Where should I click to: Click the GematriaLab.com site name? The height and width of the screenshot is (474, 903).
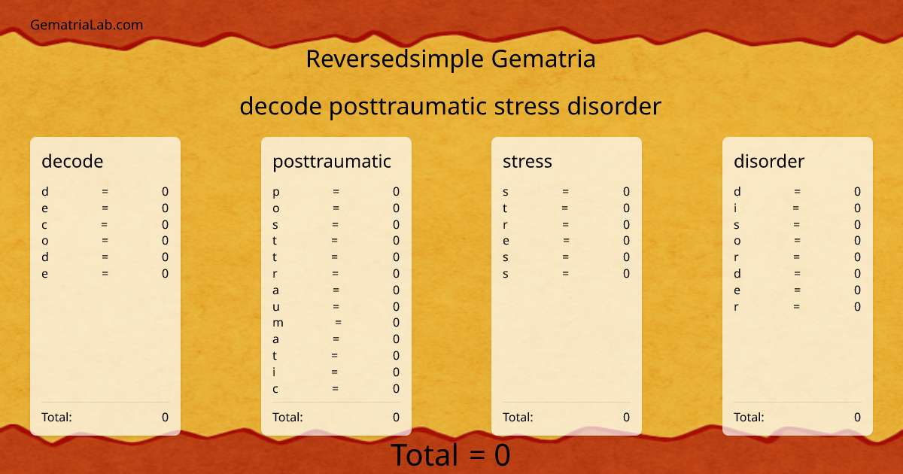click(x=87, y=25)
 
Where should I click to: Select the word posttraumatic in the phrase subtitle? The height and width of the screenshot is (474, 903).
click(x=408, y=107)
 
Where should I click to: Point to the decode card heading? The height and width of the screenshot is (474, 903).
click(x=72, y=161)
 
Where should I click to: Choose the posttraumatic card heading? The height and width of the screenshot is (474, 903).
click(x=332, y=161)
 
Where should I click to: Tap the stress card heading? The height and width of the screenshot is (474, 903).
click(x=528, y=161)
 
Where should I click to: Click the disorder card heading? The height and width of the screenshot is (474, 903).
click(x=769, y=161)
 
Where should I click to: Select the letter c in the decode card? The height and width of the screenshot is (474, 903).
click(x=44, y=224)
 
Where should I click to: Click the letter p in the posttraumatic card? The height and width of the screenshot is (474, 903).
click(x=276, y=193)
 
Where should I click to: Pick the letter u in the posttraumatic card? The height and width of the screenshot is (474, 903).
click(x=276, y=306)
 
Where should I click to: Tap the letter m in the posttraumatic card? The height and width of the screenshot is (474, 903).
click(x=278, y=323)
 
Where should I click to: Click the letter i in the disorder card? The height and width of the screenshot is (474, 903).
click(x=736, y=208)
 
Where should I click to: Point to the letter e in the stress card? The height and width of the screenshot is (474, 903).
click(x=506, y=241)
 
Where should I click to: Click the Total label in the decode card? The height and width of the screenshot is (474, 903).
click(x=56, y=418)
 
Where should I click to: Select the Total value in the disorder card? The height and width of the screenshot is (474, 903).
click(x=857, y=418)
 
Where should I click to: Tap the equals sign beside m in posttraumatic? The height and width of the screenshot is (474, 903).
click(x=339, y=323)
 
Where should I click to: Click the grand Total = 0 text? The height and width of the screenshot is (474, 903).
click(x=450, y=455)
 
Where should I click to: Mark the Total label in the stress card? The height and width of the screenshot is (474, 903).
click(x=518, y=418)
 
